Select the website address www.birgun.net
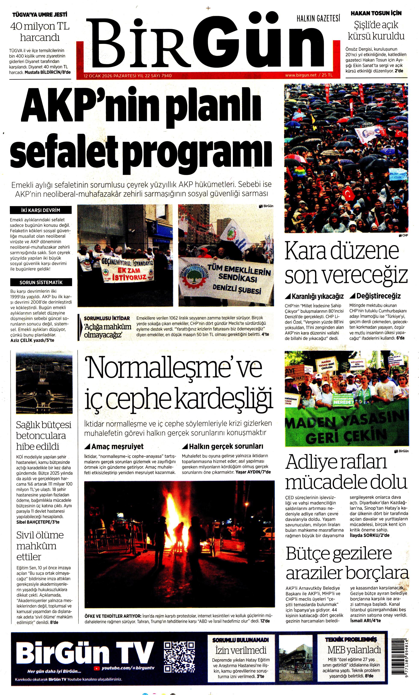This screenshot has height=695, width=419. [x=301, y=75]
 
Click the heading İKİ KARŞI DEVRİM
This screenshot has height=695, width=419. [x=41, y=210]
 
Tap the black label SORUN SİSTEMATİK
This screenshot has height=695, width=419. [x=41, y=282]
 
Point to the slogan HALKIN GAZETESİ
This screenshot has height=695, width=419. [x=318, y=19]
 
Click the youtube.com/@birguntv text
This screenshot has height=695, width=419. [x=128, y=668]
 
